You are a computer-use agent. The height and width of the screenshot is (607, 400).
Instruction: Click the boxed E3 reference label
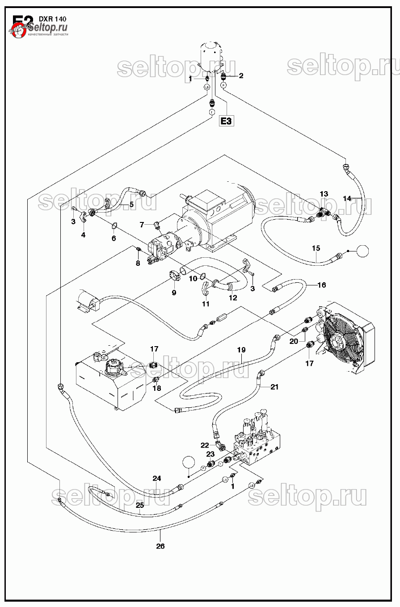click(x=227, y=121)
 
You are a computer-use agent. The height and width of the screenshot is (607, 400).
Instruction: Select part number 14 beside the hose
click(x=347, y=198)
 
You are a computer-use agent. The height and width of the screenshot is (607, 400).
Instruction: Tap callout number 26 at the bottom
click(x=160, y=546)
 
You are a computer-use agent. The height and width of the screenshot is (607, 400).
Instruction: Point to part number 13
click(x=324, y=194)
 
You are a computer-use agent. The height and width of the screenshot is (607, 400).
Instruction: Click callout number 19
click(x=241, y=350)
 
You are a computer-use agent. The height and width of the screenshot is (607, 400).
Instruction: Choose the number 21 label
click(x=274, y=387)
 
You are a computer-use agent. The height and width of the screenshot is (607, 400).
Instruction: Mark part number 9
click(x=174, y=293)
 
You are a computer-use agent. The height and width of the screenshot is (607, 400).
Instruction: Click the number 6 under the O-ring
click(x=114, y=239)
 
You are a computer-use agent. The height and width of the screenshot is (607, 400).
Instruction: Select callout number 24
click(x=156, y=478)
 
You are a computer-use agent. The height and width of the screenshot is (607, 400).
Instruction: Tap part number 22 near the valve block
click(x=205, y=445)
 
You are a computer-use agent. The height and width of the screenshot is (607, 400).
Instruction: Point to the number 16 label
click(x=321, y=285)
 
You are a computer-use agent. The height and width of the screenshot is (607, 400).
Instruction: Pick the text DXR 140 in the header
click(x=53, y=19)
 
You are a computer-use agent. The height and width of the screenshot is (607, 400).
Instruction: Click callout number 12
click(x=232, y=298)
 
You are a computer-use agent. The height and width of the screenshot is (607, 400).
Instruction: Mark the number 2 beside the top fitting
click(x=241, y=75)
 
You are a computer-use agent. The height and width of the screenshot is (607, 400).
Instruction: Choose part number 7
click(x=142, y=224)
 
